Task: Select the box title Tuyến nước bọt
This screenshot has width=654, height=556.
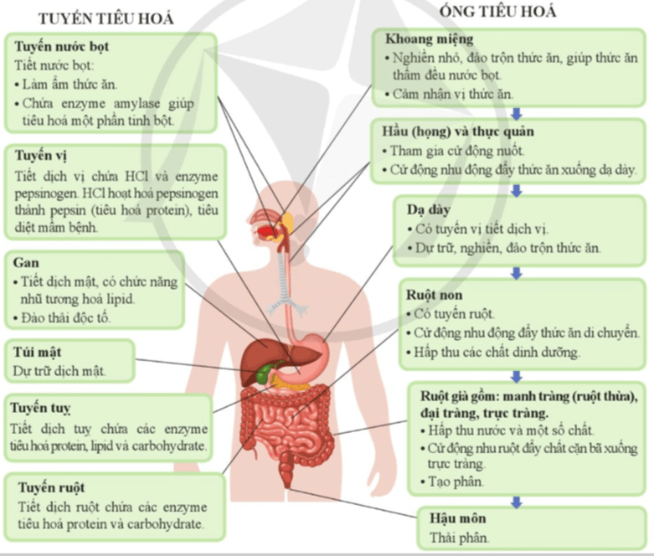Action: coord(61,47)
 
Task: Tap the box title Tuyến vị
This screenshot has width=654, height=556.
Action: coord(41,156)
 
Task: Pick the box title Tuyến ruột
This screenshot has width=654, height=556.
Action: coord(49,487)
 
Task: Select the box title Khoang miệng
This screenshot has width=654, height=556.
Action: coord(429,39)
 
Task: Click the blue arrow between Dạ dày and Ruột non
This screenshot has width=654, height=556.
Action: coord(517,272)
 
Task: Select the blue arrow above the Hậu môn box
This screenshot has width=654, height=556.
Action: coord(517,502)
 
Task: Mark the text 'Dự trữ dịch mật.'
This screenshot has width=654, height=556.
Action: coord(60,369)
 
